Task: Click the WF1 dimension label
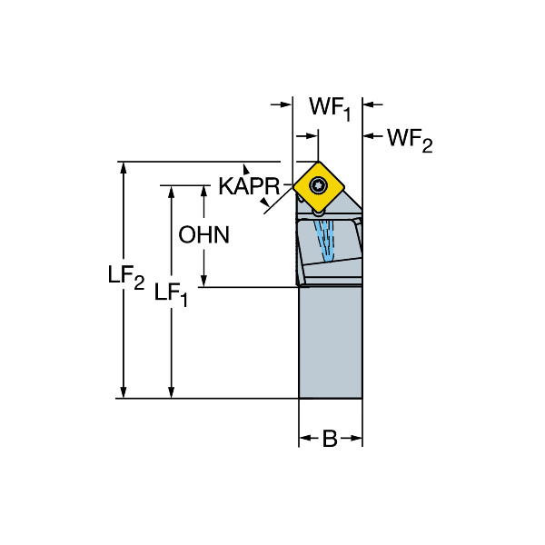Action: click(x=328, y=107)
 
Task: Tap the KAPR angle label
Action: click(x=248, y=186)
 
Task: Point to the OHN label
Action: click(x=203, y=234)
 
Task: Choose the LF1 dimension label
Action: click(x=171, y=292)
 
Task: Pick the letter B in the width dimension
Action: click(x=331, y=440)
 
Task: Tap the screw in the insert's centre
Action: click(x=318, y=185)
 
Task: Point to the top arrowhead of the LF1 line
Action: click(x=171, y=191)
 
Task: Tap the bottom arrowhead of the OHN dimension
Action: click(x=203, y=282)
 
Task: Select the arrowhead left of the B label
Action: click(x=305, y=440)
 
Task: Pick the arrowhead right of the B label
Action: click(x=357, y=440)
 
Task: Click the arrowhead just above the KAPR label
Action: click(x=244, y=169)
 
